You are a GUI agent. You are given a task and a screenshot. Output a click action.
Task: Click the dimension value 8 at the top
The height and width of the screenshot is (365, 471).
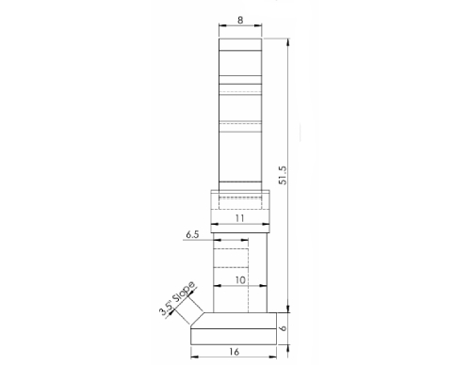point(241,19)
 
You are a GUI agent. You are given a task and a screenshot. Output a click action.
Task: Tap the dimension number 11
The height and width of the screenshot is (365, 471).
point(240,216)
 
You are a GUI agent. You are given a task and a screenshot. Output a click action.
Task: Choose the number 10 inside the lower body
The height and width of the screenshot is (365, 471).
point(240,280)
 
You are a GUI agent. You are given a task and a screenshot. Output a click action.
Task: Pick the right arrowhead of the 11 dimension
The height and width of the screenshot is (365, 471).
point(269,224)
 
